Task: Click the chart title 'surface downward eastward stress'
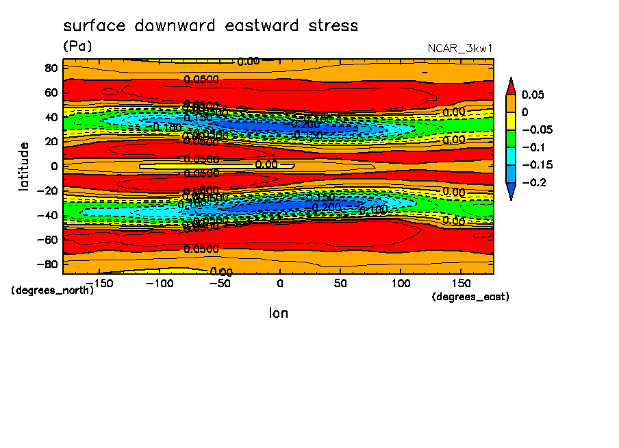[x=210, y=26]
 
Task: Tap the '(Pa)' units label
[x=77, y=46]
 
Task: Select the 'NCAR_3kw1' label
[x=460, y=49]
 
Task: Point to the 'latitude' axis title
[x=24, y=166]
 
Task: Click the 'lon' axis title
[x=278, y=313]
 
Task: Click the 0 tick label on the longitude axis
[x=279, y=282]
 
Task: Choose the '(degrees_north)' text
[x=53, y=290]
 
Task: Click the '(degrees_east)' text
[x=470, y=297]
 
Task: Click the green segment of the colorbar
[x=510, y=138]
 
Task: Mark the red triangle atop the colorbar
[x=510, y=86]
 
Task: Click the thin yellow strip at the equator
[x=205, y=166]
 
